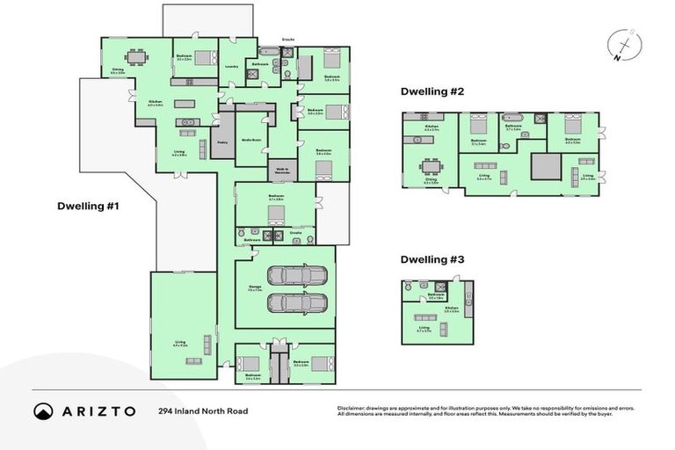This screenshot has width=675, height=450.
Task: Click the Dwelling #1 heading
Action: point(87,207)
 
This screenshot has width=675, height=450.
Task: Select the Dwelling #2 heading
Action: point(432,91)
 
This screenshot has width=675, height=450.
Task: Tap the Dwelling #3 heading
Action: point(432,260)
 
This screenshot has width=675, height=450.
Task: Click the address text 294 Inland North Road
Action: point(203,411)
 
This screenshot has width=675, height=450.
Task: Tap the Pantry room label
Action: point(222,142)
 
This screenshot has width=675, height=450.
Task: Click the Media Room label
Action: point(250,139)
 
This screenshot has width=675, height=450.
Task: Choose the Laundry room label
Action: point(232,66)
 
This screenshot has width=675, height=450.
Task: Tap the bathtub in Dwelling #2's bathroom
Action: point(512,118)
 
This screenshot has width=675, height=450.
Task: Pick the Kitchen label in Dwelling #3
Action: point(451,309)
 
